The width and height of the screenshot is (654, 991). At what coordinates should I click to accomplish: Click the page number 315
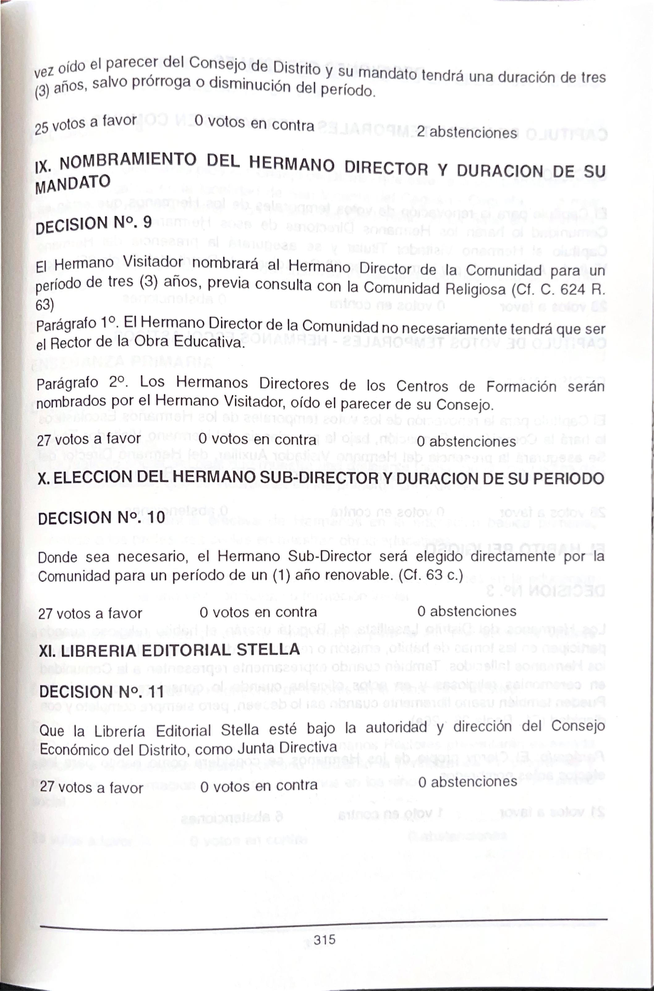(325, 940)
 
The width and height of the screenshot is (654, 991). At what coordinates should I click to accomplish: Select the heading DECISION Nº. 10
(101, 518)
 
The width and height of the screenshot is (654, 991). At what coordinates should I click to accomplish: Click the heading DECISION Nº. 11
(102, 692)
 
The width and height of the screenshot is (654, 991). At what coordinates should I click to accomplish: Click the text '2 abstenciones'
(467, 132)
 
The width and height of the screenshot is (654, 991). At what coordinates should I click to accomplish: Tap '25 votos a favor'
(86, 124)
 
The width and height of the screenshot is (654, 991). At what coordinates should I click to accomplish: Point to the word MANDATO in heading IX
(73, 184)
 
